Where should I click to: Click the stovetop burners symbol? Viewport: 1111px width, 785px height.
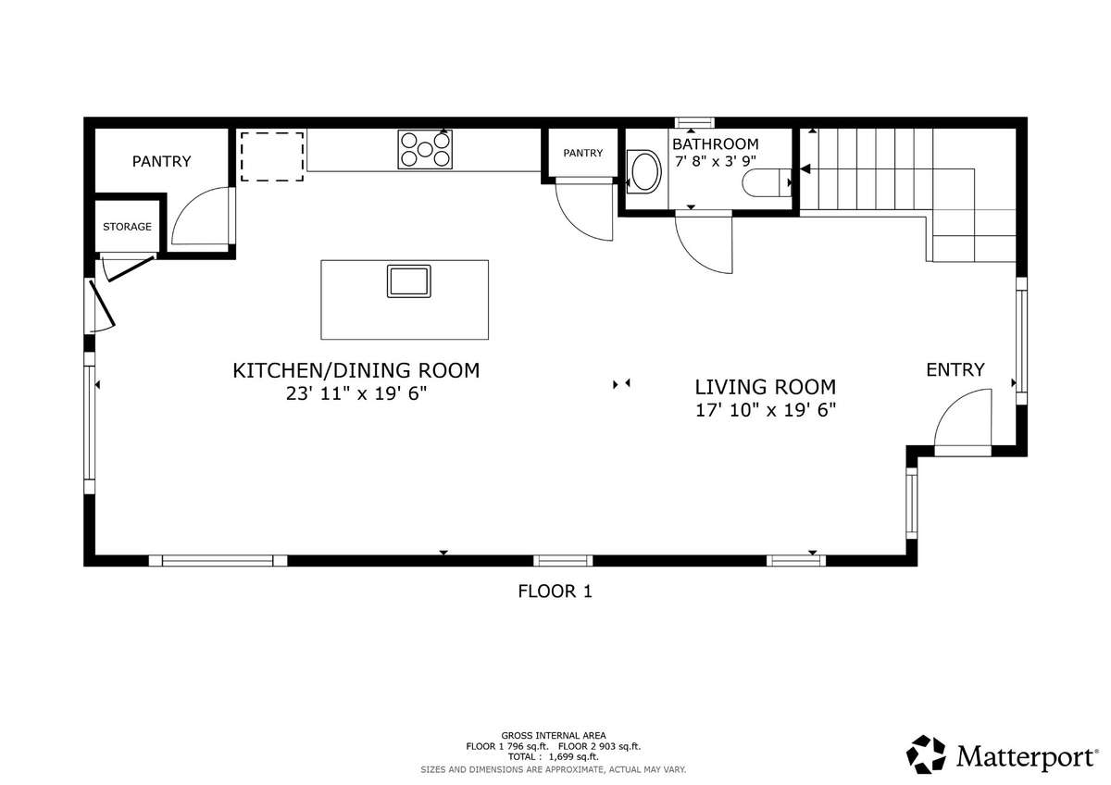(x=425, y=149)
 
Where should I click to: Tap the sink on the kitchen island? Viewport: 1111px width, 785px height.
(x=408, y=281)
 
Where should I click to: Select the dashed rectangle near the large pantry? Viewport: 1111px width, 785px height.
(x=272, y=156)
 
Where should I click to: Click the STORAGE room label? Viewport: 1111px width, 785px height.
(x=127, y=227)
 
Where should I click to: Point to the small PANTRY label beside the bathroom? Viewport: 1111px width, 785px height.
(x=582, y=153)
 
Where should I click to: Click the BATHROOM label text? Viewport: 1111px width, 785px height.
(x=715, y=144)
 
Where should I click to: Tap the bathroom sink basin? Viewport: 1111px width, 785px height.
(x=643, y=171)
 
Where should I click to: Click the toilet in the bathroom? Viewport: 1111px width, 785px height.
(x=767, y=182)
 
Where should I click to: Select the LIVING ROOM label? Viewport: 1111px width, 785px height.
(x=766, y=387)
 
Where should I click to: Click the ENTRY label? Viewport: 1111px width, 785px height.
(x=955, y=369)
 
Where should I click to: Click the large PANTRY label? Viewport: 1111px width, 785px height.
(x=162, y=161)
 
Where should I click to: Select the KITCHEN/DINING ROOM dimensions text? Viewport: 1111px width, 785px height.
(x=356, y=393)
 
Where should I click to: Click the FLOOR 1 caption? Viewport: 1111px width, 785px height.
(x=555, y=592)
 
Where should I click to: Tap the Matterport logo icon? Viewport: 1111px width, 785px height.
(x=926, y=754)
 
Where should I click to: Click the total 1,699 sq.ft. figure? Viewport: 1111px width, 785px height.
(x=573, y=756)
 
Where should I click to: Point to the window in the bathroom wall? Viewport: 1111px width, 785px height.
(x=694, y=122)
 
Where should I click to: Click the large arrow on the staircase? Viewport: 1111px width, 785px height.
(x=805, y=169)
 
